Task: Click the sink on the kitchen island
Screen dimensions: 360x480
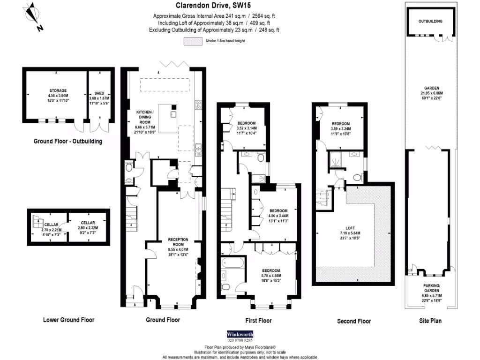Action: pyautogui.click(x=173, y=114)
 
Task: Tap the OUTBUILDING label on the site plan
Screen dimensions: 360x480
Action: pyautogui.click(x=430, y=22)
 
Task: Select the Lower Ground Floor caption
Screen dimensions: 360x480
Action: pyautogui.click(x=68, y=320)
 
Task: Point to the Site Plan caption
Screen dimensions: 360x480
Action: pyautogui.click(x=430, y=321)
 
